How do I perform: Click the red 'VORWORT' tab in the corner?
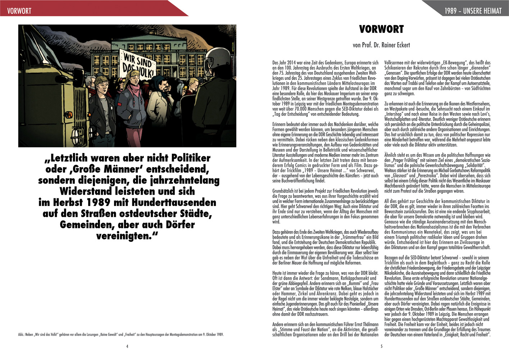click(19, 11)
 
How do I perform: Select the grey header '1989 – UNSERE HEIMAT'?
click(473, 11)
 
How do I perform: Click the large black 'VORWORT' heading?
click(381, 29)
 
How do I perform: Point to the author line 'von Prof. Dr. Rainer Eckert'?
click(381, 45)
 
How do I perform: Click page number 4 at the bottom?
click(127, 346)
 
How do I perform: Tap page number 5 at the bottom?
click(382, 346)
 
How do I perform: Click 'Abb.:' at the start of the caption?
click(21, 334)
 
